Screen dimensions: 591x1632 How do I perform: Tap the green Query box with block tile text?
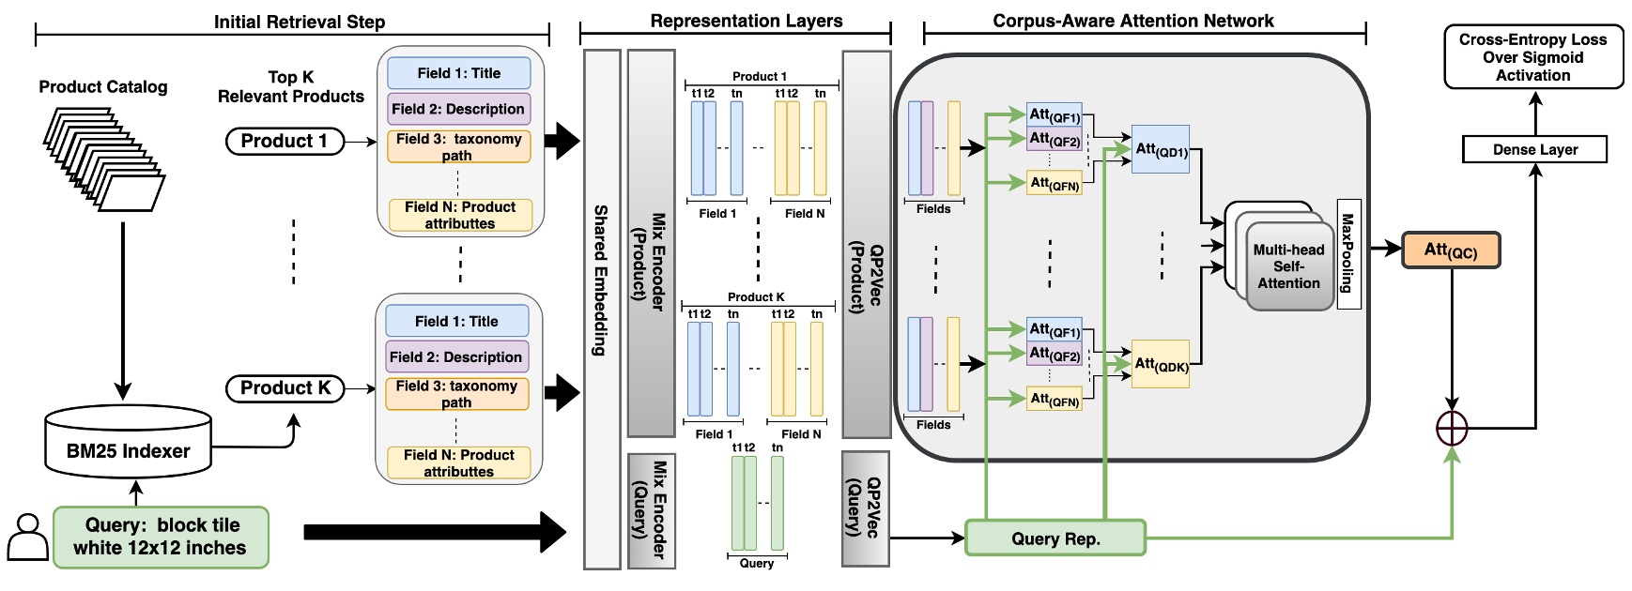(161, 537)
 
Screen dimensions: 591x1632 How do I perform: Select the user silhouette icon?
(27, 538)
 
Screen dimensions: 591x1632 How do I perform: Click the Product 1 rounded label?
(285, 141)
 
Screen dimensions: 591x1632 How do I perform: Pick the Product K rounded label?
(285, 387)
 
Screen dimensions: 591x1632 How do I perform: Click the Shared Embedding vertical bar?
(601, 310)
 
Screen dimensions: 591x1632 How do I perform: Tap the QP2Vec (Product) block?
(866, 244)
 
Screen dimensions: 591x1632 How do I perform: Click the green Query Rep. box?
(1055, 538)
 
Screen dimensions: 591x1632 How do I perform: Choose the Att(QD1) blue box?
(1161, 149)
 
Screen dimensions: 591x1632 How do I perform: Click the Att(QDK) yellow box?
(1161, 364)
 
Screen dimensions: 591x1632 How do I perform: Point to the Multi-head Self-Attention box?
(1288, 266)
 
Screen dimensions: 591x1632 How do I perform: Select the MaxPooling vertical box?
(1347, 253)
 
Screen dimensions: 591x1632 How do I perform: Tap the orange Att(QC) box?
(1451, 250)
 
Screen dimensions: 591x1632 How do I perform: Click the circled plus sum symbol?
(1452, 428)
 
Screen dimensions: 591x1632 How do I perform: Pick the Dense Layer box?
(1534, 149)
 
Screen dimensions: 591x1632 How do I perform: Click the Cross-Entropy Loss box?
(1532, 57)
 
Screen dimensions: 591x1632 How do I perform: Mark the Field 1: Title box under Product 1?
(459, 73)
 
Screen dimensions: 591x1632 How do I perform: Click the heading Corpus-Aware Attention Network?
(1133, 21)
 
